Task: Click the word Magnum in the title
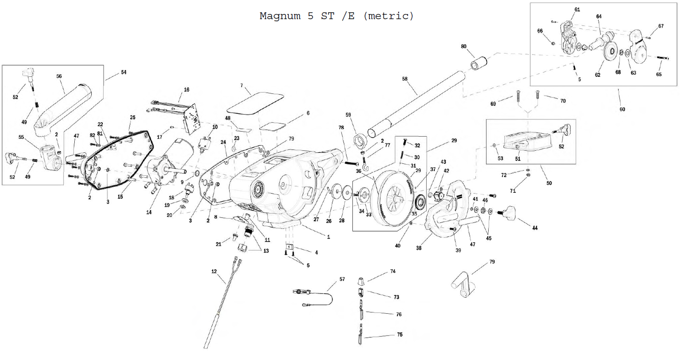tap(280, 16)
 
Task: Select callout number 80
tap(463, 46)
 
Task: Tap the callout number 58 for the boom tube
tap(404, 79)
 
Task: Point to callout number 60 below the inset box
tap(622, 109)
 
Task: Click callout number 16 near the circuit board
tap(187, 90)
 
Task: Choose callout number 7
tap(242, 86)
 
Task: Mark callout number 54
tap(124, 72)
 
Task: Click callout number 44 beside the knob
tap(535, 228)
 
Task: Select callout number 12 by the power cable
tap(214, 271)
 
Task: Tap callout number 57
tap(342, 279)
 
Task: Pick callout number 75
tap(400, 334)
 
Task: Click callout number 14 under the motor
tap(149, 212)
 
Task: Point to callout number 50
tap(549, 183)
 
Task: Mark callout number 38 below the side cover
tap(419, 248)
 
